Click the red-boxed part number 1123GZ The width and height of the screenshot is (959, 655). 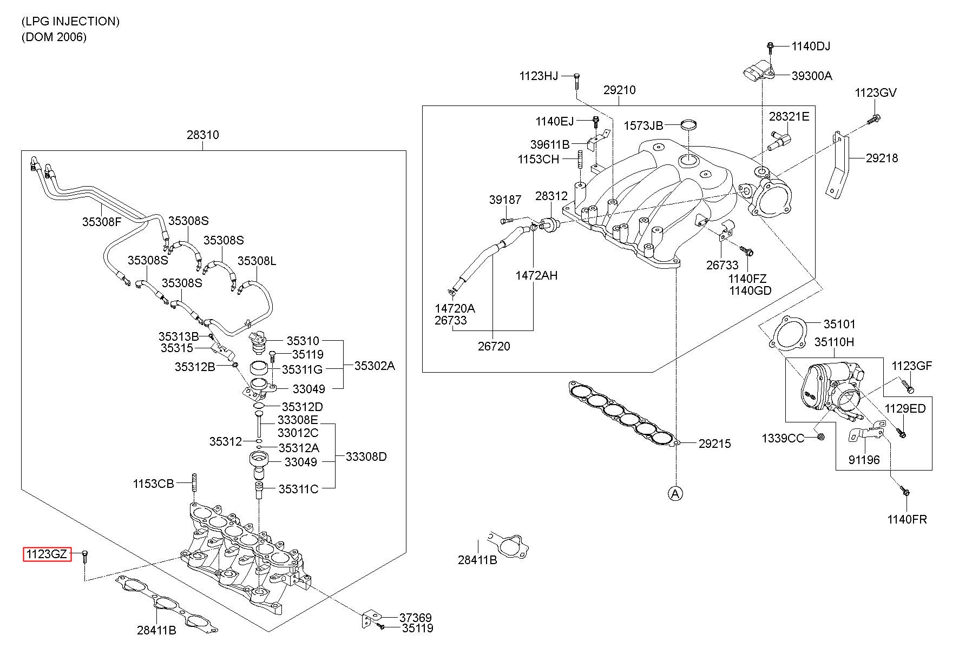pyautogui.click(x=47, y=554)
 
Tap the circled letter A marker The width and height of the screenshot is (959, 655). pyautogui.click(x=674, y=493)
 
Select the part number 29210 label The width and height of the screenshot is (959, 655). pyautogui.click(x=620, y=90)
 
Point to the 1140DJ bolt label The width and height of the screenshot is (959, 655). pyautogui.click(x=811, y=47)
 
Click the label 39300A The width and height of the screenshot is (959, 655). pyautogui.click(x=812, y=76)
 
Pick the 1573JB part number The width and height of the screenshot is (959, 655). pyautogui.click(x=643, y=125)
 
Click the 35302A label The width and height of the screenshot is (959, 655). pyautogui.click(x=375, y=366)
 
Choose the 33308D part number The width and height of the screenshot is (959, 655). pyautogui.click(x=366, y=456)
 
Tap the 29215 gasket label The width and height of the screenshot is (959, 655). pyautogui.click(x=714, y=444)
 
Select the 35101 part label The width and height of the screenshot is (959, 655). pyautogui.click(x=839, y=324)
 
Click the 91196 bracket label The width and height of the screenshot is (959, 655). pyautogui.click(x=864, y=460)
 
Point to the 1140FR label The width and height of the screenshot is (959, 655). pyautogui.click(x=907, y=519)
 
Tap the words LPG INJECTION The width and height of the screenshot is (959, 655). pyautogui.click(x=70, y=22)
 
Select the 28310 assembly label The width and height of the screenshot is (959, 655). pyautogui.click(x=203, y=134)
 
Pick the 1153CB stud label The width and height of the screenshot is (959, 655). pyautogui.click(x=154, y=483)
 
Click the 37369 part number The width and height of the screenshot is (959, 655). pyautogui.click(x=416, y=617)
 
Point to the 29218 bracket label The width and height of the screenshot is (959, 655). pyautogui.click(x=882, y=158)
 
